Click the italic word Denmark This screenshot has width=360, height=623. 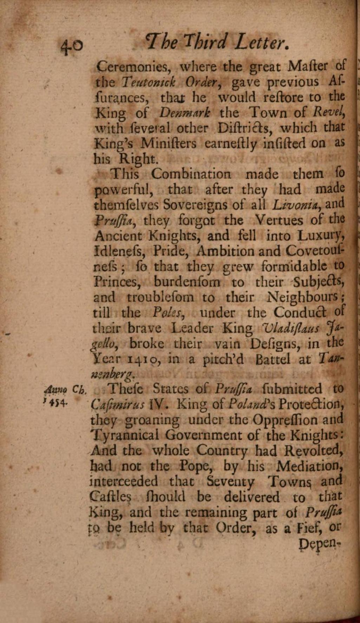click(185, 113)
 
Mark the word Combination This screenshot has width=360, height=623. click(191, 174)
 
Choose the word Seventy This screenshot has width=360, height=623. click(230, 482)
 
